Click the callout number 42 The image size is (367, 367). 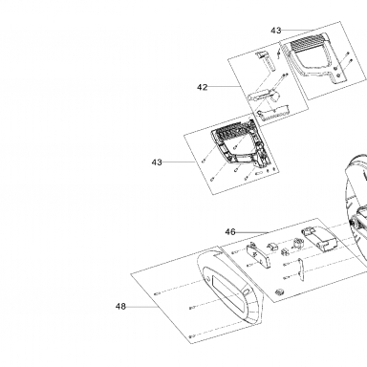(203, 87)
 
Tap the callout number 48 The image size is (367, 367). (120, 307)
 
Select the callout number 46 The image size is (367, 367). (230, 232)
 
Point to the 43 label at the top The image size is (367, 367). (276, 31)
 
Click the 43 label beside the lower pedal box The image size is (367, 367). (157, 162)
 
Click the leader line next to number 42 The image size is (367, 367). (225, 87)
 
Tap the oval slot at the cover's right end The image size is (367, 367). (246, 292)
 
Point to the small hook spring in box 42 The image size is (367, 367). (279, 54)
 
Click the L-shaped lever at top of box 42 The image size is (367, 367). (265, 60)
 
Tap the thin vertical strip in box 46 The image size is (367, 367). (300, 270)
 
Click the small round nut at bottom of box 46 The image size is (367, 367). (280, 291)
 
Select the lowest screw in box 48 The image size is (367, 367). (192, 336)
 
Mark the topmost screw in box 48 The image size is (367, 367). (157, 293)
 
